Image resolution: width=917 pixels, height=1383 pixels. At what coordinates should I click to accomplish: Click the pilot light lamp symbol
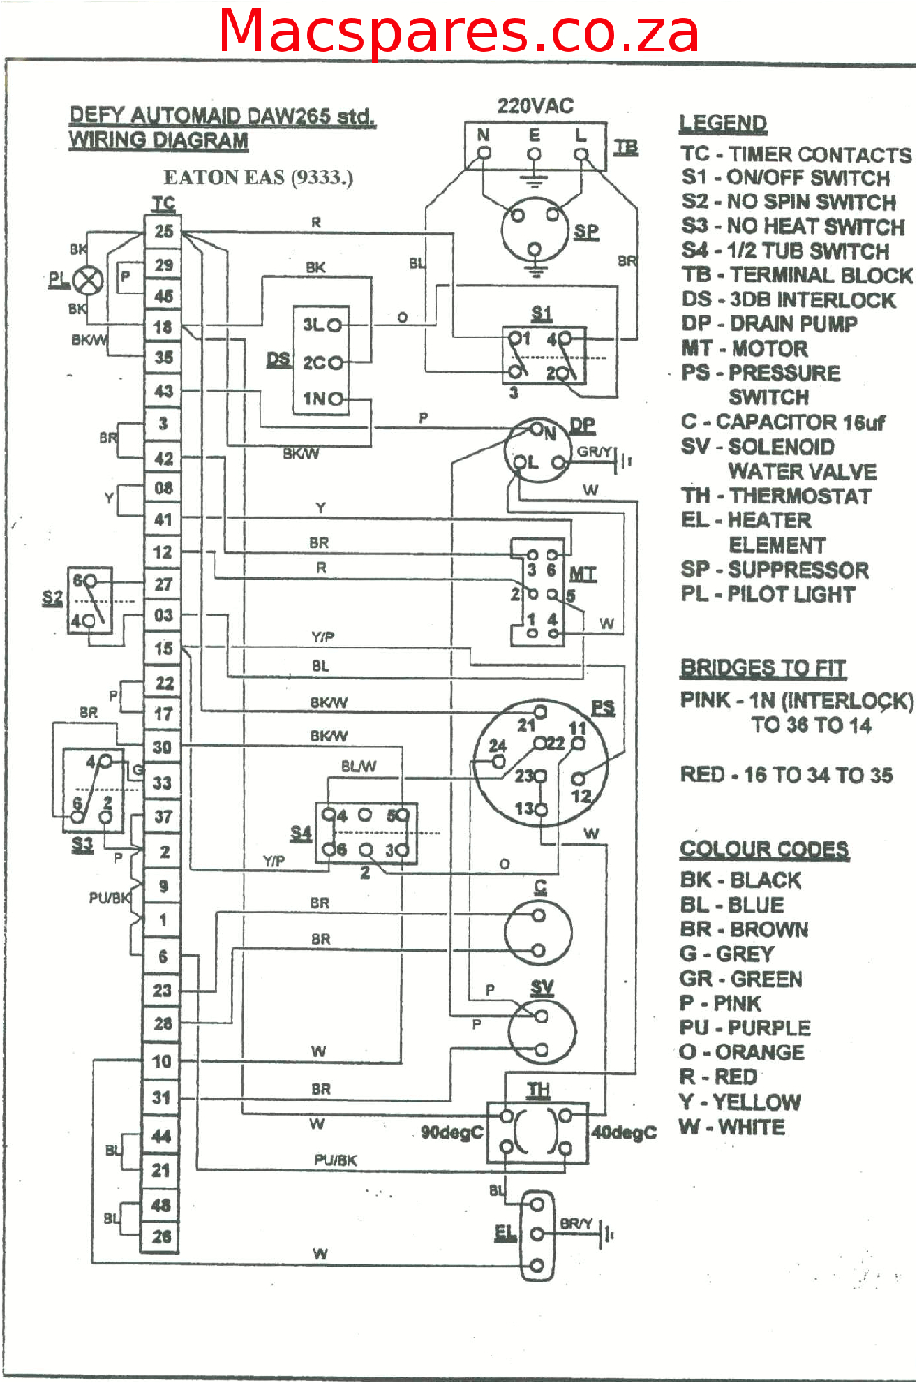point(88,279)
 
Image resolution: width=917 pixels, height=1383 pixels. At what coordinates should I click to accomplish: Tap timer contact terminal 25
point(163,231)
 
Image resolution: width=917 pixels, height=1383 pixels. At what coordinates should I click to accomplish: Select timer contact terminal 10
point(161,1061)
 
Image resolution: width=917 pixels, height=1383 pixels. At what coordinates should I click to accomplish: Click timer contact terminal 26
point(161,1236)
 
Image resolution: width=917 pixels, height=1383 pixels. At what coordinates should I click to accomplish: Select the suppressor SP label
point(586,231)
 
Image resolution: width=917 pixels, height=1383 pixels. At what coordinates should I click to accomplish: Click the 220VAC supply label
point(536,106)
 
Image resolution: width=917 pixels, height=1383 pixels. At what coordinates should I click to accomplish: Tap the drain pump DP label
point(582,425)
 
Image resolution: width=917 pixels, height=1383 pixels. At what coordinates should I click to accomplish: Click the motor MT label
point(582,574)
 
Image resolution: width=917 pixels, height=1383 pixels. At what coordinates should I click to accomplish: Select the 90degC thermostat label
point(451,1133)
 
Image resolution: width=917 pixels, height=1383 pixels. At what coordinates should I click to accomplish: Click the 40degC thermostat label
point(624,1133)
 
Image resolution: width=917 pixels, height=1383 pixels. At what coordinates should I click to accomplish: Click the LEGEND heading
point(723,124)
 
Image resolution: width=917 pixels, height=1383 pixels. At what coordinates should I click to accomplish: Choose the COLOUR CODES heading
point(764,849)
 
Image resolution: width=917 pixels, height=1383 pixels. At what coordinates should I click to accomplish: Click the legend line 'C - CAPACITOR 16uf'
point(782,423)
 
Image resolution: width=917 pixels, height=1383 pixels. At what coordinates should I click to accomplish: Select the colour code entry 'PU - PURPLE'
point(745,1028)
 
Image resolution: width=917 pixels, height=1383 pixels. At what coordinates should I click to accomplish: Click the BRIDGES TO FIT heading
point(763,668)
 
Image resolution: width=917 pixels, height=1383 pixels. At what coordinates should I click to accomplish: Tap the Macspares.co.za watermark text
point(458,31)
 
